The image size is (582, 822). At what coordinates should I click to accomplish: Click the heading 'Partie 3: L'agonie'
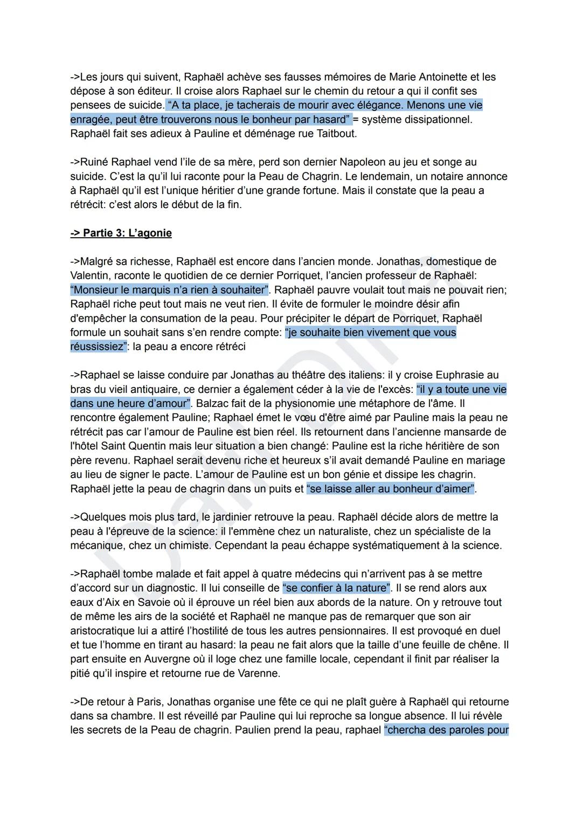tap(121, 233)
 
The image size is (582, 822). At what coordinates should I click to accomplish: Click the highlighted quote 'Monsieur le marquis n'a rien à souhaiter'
tap(169, 290)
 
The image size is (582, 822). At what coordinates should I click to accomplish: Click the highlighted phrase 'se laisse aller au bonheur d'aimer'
tap(391, 489)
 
